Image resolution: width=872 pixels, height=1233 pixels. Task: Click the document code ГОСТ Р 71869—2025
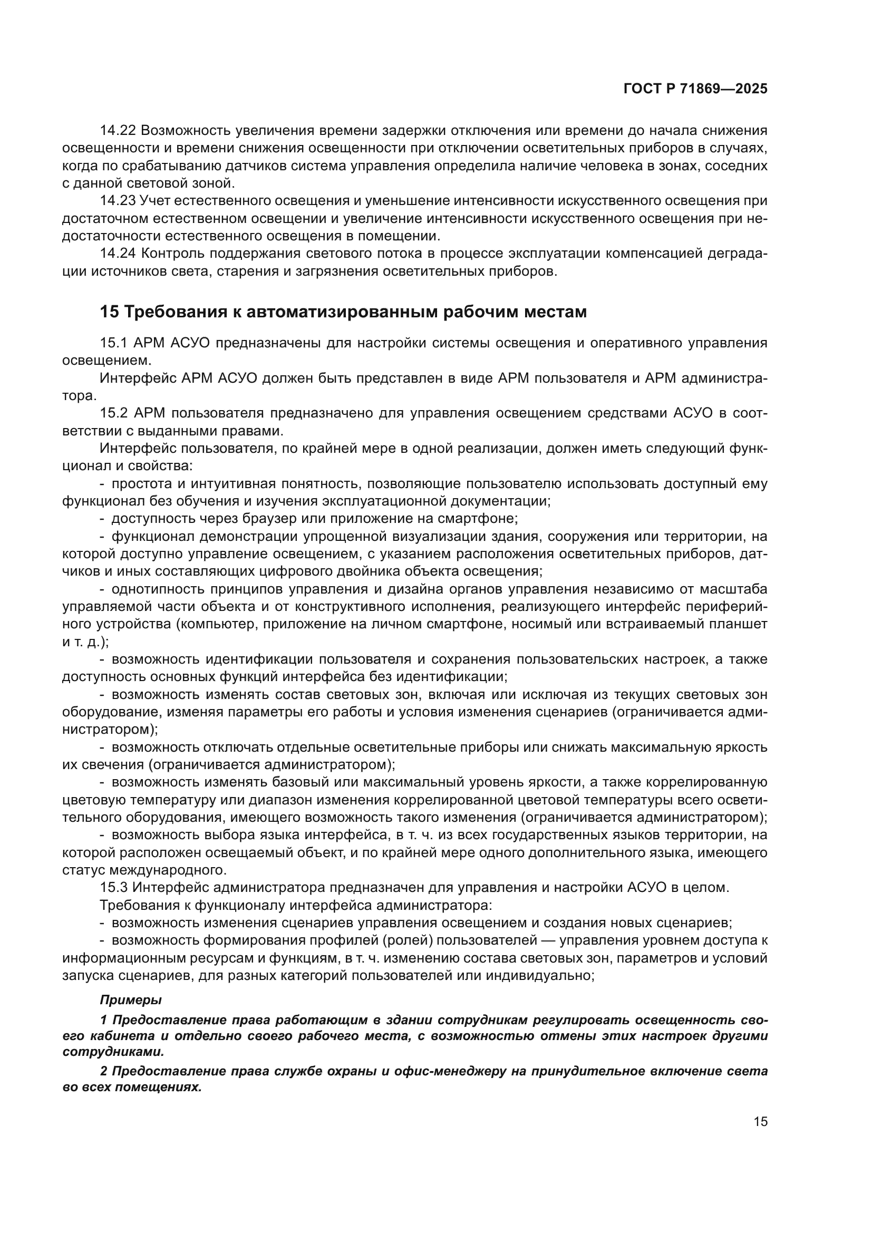tap(695, 89)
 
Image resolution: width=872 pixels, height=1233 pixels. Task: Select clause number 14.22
tap(118, 131)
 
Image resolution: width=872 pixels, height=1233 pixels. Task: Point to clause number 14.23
tap(118, 201)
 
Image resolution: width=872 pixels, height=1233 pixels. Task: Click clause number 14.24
tap(118, 254)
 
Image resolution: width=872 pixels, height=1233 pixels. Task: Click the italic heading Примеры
tap(130, 1000)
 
